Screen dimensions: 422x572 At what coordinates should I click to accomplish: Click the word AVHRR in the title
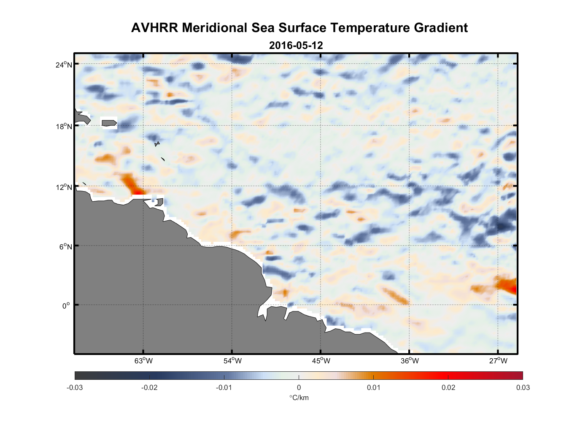click(x=154, y=28)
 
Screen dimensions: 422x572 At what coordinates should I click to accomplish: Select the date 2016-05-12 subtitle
click(x=296, y=45)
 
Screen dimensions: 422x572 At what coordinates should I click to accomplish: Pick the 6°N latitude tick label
click(x=65, y=246)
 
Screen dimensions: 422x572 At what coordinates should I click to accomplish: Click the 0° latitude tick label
click(x=66, y=306)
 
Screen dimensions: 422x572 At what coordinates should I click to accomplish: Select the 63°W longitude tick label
click(x=143, y=361)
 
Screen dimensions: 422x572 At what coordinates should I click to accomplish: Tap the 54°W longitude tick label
click(x=232, y=361)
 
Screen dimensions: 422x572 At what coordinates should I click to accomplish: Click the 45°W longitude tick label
click(x=321, y=361)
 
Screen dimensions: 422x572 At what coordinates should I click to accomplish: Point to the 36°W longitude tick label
click(x=410, y=361)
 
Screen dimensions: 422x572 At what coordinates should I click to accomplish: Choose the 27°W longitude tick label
click(x=498, y=361)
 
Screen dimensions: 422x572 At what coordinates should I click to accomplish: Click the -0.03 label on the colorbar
click(x=75, y=387)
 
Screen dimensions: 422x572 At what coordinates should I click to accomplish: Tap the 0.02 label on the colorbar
click(x=448, y=387)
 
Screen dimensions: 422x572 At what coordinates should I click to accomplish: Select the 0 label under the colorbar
click(x=299, y=387)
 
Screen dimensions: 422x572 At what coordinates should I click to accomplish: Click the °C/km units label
click(x=299, y=398)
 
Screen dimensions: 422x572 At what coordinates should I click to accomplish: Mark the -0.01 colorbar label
click(x=224, y=387)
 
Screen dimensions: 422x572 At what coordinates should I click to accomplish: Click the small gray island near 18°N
click(x=109, y=123)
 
